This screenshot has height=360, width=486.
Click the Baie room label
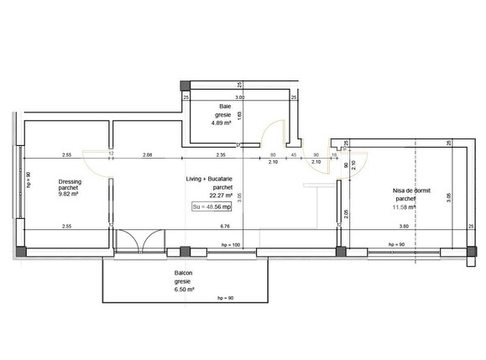pos(225,106)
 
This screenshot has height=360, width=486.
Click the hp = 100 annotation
pos(231,244)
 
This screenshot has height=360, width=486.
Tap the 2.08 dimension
pos(148,155)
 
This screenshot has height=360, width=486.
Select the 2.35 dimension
pos(221,155)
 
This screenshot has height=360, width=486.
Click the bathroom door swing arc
pos(272,133)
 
